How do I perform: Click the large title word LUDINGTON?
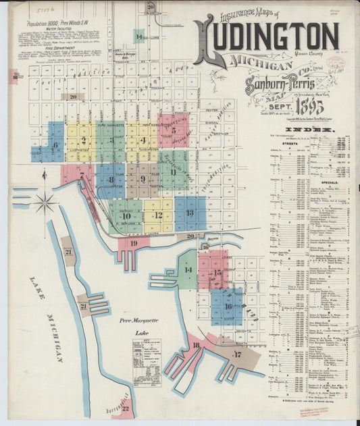[x=267, y=38]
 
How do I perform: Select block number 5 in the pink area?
[x=174, y=130]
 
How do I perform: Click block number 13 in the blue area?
[x=190, y=213]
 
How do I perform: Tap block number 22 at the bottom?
[x=125, y=408]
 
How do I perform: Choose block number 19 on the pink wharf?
[x=134, y=243]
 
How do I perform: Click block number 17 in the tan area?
[x=237, y=354]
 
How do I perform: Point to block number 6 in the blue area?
[x=55, y=144]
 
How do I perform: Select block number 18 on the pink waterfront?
[x=196, y=345]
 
